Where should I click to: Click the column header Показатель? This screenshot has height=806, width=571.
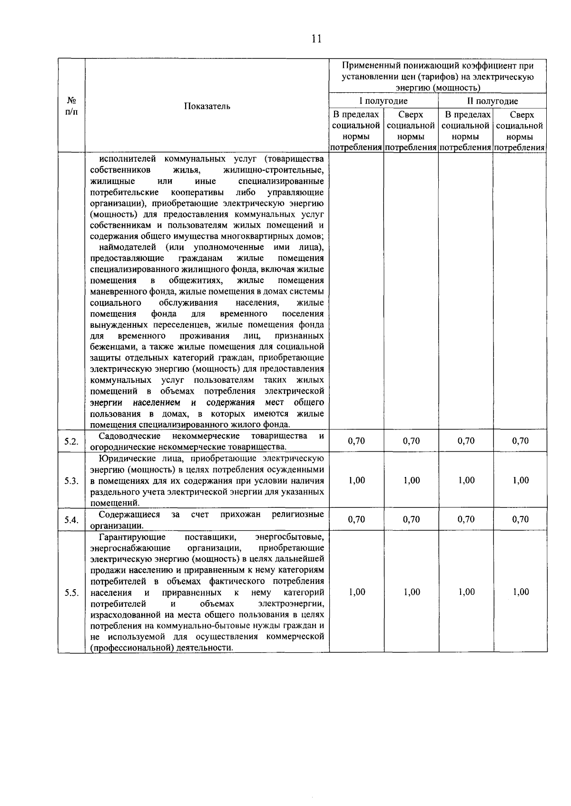207,106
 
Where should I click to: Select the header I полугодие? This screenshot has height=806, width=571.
383,101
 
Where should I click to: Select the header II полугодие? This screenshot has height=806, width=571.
492,101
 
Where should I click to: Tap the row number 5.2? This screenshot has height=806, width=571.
71,442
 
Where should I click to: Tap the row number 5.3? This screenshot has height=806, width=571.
71,481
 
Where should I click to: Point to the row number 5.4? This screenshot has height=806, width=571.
71,520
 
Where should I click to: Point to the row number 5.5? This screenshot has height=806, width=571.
71,592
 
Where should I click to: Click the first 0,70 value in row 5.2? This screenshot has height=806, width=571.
356,441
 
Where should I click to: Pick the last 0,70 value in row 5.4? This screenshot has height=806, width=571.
521,519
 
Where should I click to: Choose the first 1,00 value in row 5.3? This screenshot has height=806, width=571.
356,480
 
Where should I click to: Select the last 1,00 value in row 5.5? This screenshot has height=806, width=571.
521,592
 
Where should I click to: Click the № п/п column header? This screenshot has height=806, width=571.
71,106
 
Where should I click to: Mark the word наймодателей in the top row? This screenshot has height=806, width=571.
127,247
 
